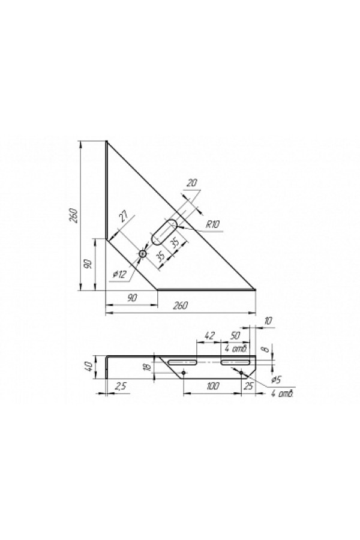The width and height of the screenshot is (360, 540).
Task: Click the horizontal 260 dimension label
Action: pos(180,305)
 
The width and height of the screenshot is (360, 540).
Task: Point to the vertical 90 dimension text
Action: pos(88,265)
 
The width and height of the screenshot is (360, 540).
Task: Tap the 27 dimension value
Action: pos(125,218)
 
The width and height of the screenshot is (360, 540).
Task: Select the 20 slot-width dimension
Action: pos(192,183)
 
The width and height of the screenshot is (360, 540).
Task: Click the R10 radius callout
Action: pos(212,224)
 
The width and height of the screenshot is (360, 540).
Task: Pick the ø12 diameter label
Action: pos(120,274)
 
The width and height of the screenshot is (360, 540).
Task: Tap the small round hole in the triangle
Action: pos(142,254)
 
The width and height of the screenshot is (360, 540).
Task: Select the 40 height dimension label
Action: pos(89,367)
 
